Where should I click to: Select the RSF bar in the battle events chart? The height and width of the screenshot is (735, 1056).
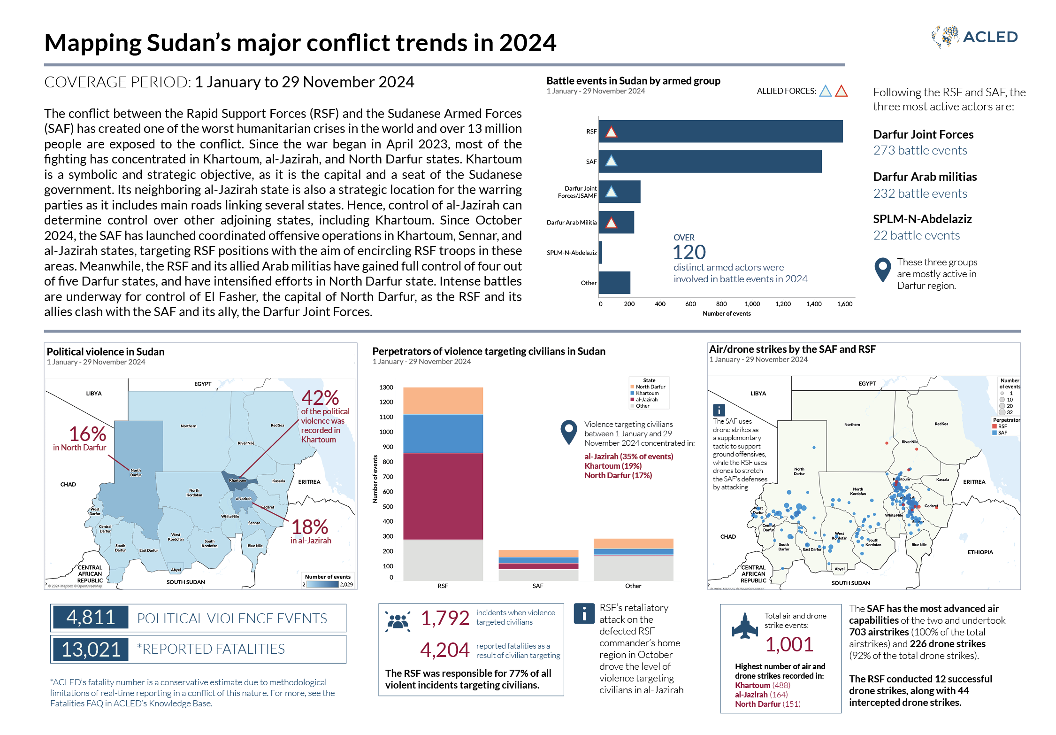[x=720, y=132]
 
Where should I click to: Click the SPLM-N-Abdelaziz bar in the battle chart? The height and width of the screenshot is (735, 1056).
[x=600, y=253]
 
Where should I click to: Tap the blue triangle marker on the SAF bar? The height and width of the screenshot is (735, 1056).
[x=611, y=162]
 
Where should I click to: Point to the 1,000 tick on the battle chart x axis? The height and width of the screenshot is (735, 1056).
[x=752, y=304]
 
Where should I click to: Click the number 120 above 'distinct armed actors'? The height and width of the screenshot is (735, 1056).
[x=689, y=253]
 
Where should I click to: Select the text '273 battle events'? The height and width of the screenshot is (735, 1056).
[x=920, y=150]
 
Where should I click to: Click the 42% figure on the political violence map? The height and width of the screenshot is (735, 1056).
[x=320, y=398]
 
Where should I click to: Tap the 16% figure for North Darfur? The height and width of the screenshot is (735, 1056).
[x=87, y=434]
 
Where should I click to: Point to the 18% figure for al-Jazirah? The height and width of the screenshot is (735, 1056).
[x=309, y=527]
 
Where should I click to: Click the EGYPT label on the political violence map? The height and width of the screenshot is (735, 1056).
[x=203, y=384]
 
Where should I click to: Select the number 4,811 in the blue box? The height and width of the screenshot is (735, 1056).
[x=91, y=617]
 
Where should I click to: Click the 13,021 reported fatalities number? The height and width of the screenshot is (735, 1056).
[x=91, y=649]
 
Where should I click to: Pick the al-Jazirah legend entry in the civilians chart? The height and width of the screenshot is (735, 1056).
[x=646, y=400]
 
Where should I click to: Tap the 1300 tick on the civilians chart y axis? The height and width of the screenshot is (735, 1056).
[x=386, y=387]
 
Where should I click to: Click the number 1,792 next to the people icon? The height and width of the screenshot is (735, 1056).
[x=444, y=618]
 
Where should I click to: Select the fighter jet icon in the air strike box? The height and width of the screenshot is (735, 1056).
[x=744, y=626]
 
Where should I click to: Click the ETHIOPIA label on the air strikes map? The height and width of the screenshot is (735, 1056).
[x=980, y=552]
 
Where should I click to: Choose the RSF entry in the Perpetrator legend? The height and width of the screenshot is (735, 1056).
[x=1002, y=426]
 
